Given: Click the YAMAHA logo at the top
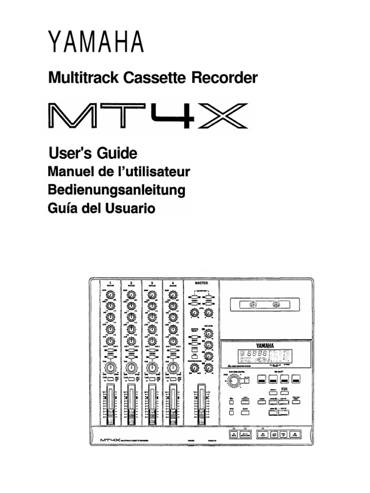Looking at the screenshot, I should click(96, 43).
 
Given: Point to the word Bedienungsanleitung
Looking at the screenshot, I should click(117, 190).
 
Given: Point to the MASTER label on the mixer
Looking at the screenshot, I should click(201, 284).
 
